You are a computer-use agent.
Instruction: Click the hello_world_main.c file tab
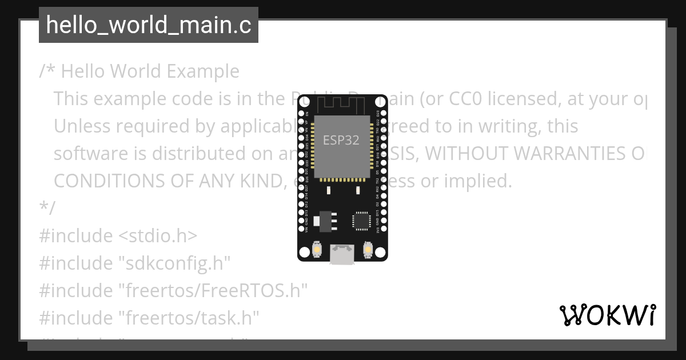pos(148,26)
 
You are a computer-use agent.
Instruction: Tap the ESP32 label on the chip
pos(341,140)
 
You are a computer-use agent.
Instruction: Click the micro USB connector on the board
pos(342,254)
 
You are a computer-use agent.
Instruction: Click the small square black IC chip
pos(361,221)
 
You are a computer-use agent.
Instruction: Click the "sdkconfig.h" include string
pos(174,263)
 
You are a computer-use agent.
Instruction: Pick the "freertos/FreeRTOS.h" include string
pos(213,290)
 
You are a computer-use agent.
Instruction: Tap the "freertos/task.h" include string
pos(189,317)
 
